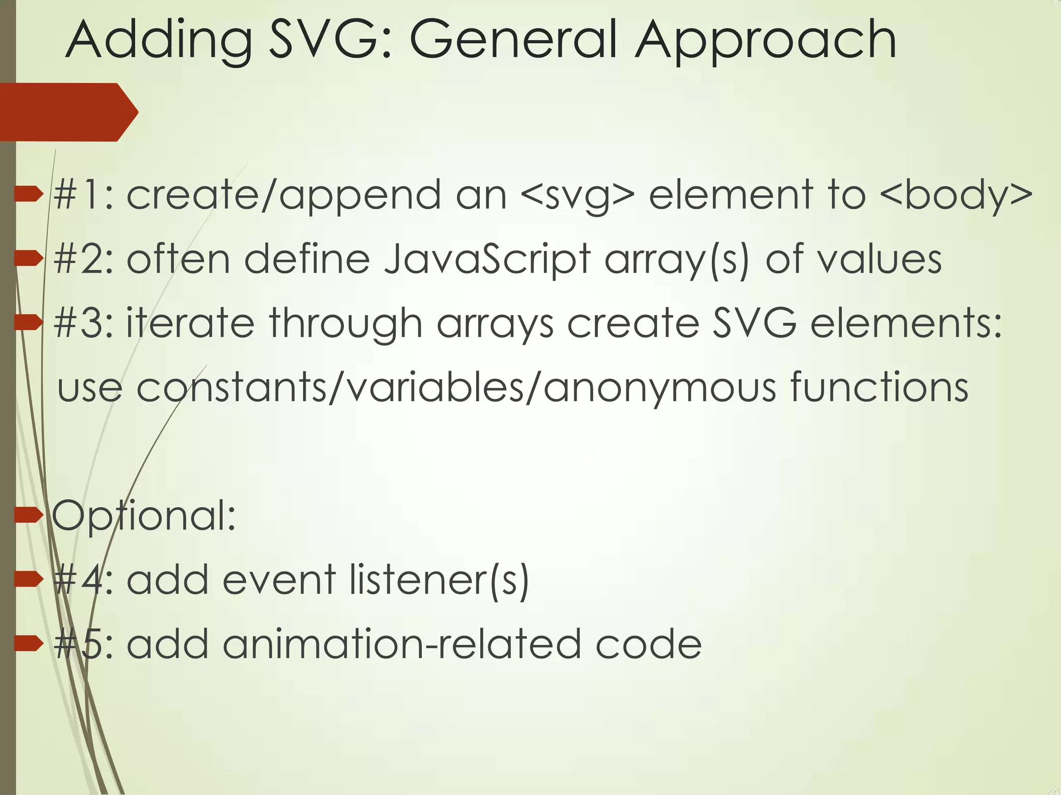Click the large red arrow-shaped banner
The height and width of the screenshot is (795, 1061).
[67, 112]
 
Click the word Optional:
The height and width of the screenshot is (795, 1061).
[144, 516]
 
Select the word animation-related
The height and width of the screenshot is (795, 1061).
[402, 644]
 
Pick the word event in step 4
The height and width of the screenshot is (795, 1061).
[279, 580]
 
